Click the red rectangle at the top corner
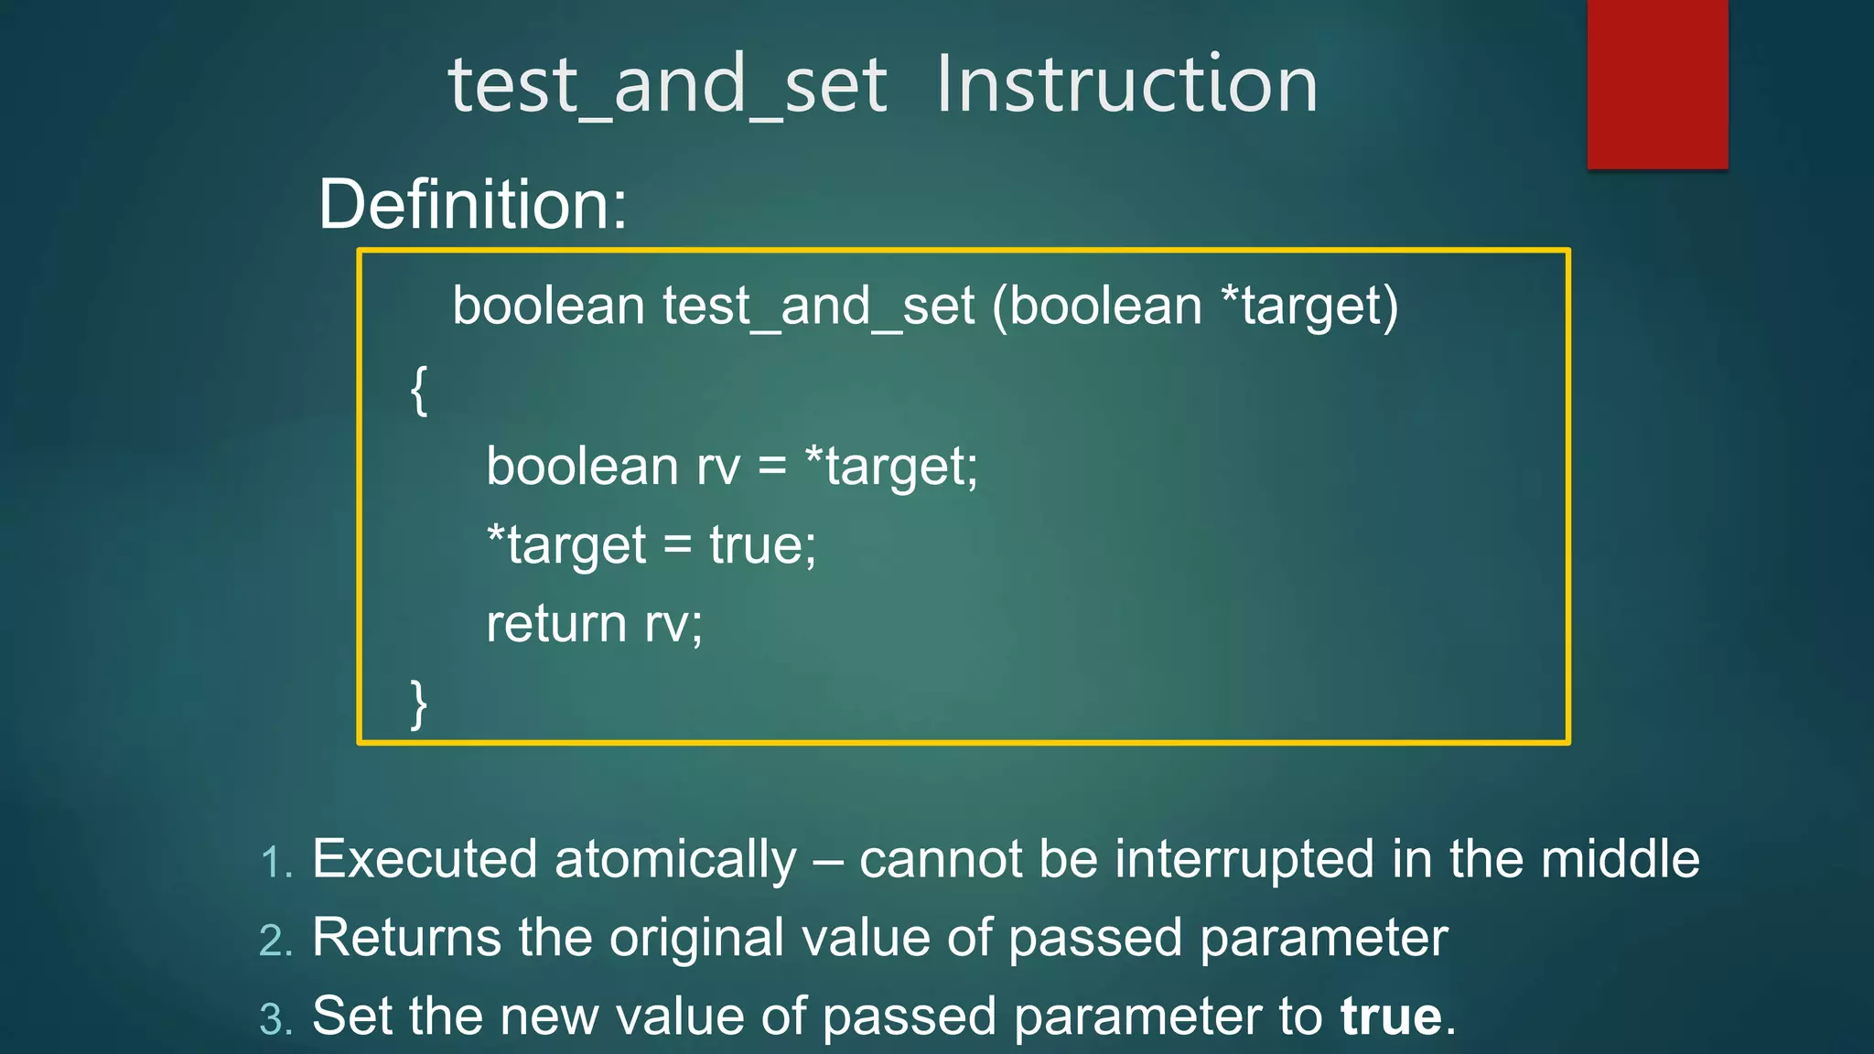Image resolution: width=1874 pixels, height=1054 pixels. [1657, 83]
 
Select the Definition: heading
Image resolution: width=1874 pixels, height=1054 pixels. [472, 204]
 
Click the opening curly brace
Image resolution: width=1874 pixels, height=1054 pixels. [418, 391]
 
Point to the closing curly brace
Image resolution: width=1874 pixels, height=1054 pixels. [418, 704]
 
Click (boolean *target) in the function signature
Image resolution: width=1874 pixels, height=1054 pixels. [1195, 307]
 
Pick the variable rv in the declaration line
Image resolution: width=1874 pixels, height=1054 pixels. [718, 467]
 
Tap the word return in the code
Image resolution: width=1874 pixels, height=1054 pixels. [555, 624]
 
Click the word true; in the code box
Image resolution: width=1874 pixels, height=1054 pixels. [762, 545]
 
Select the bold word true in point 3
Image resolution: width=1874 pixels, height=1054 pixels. [1391, 1016]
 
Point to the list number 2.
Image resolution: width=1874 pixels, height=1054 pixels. [275, 941]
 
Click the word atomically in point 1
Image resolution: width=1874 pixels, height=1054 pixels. [675, 860]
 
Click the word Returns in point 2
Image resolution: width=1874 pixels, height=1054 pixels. [406, 938]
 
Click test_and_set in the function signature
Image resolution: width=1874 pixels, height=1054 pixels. [818, 307]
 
